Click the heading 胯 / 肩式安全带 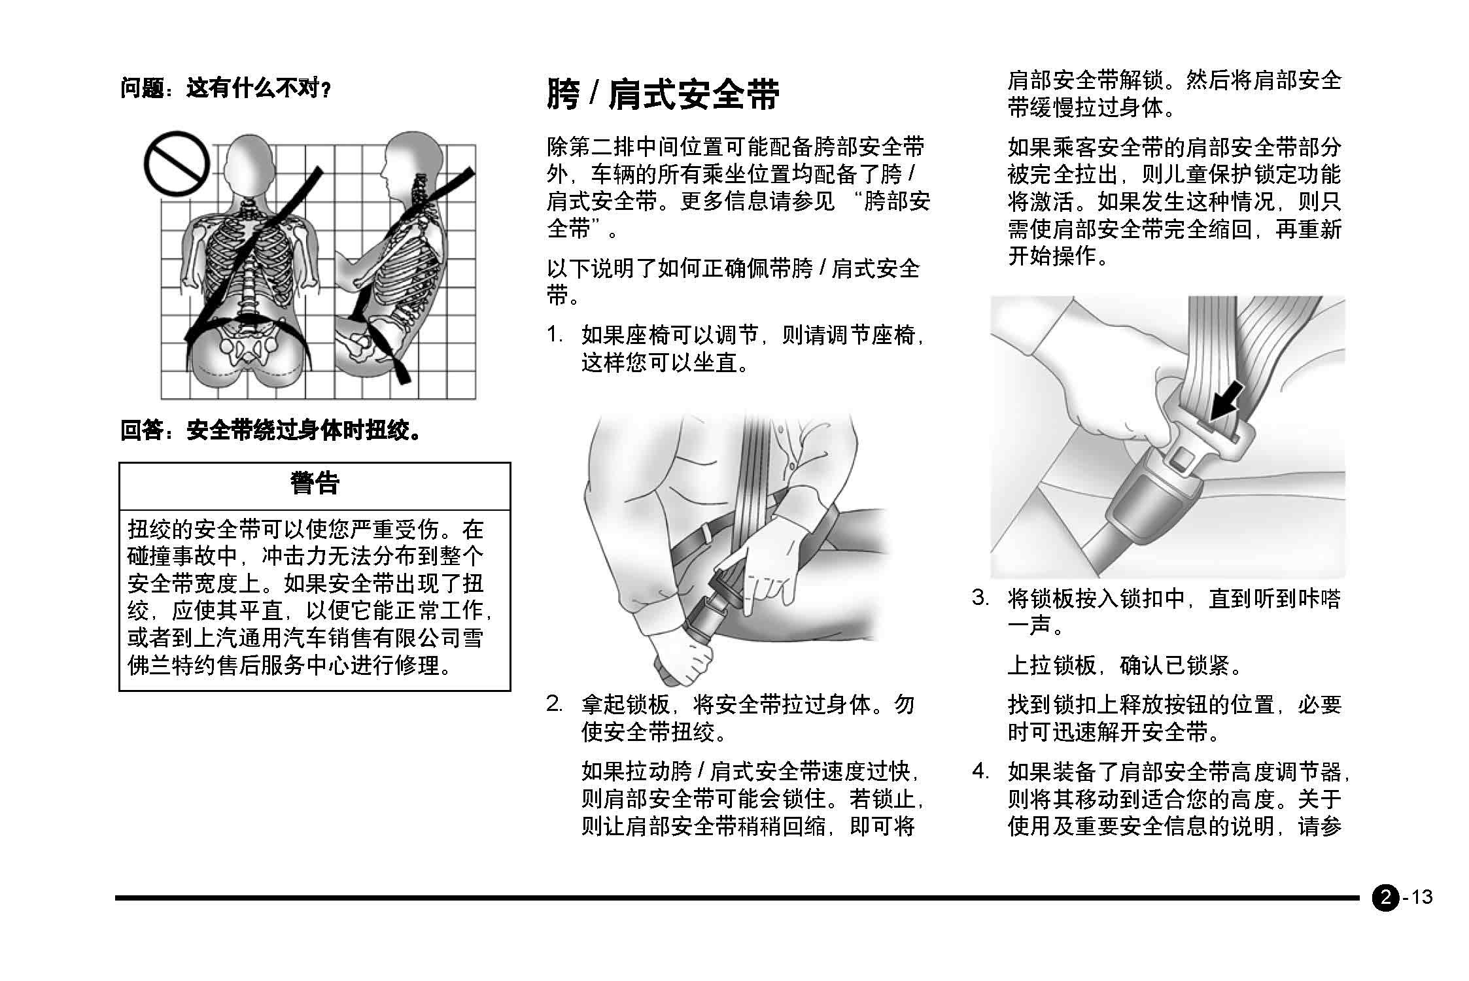663,95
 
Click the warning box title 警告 315,484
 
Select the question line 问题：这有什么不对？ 225,88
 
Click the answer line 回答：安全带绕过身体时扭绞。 270,430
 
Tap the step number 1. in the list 555,336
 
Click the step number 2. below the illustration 555,704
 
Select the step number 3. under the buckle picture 980,598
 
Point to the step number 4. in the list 980,772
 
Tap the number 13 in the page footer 1421,897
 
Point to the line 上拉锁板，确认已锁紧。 1124,666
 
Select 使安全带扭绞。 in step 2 654,732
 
